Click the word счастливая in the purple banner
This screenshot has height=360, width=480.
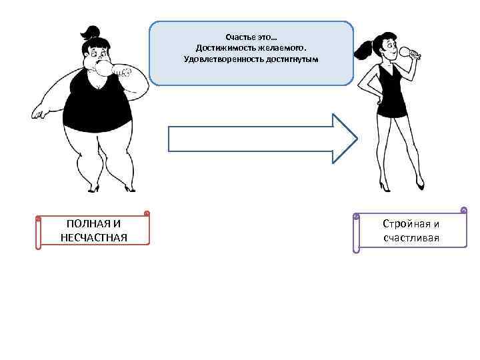click(x=411, y=238)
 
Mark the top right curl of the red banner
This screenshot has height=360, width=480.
click(x=146, y=214)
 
